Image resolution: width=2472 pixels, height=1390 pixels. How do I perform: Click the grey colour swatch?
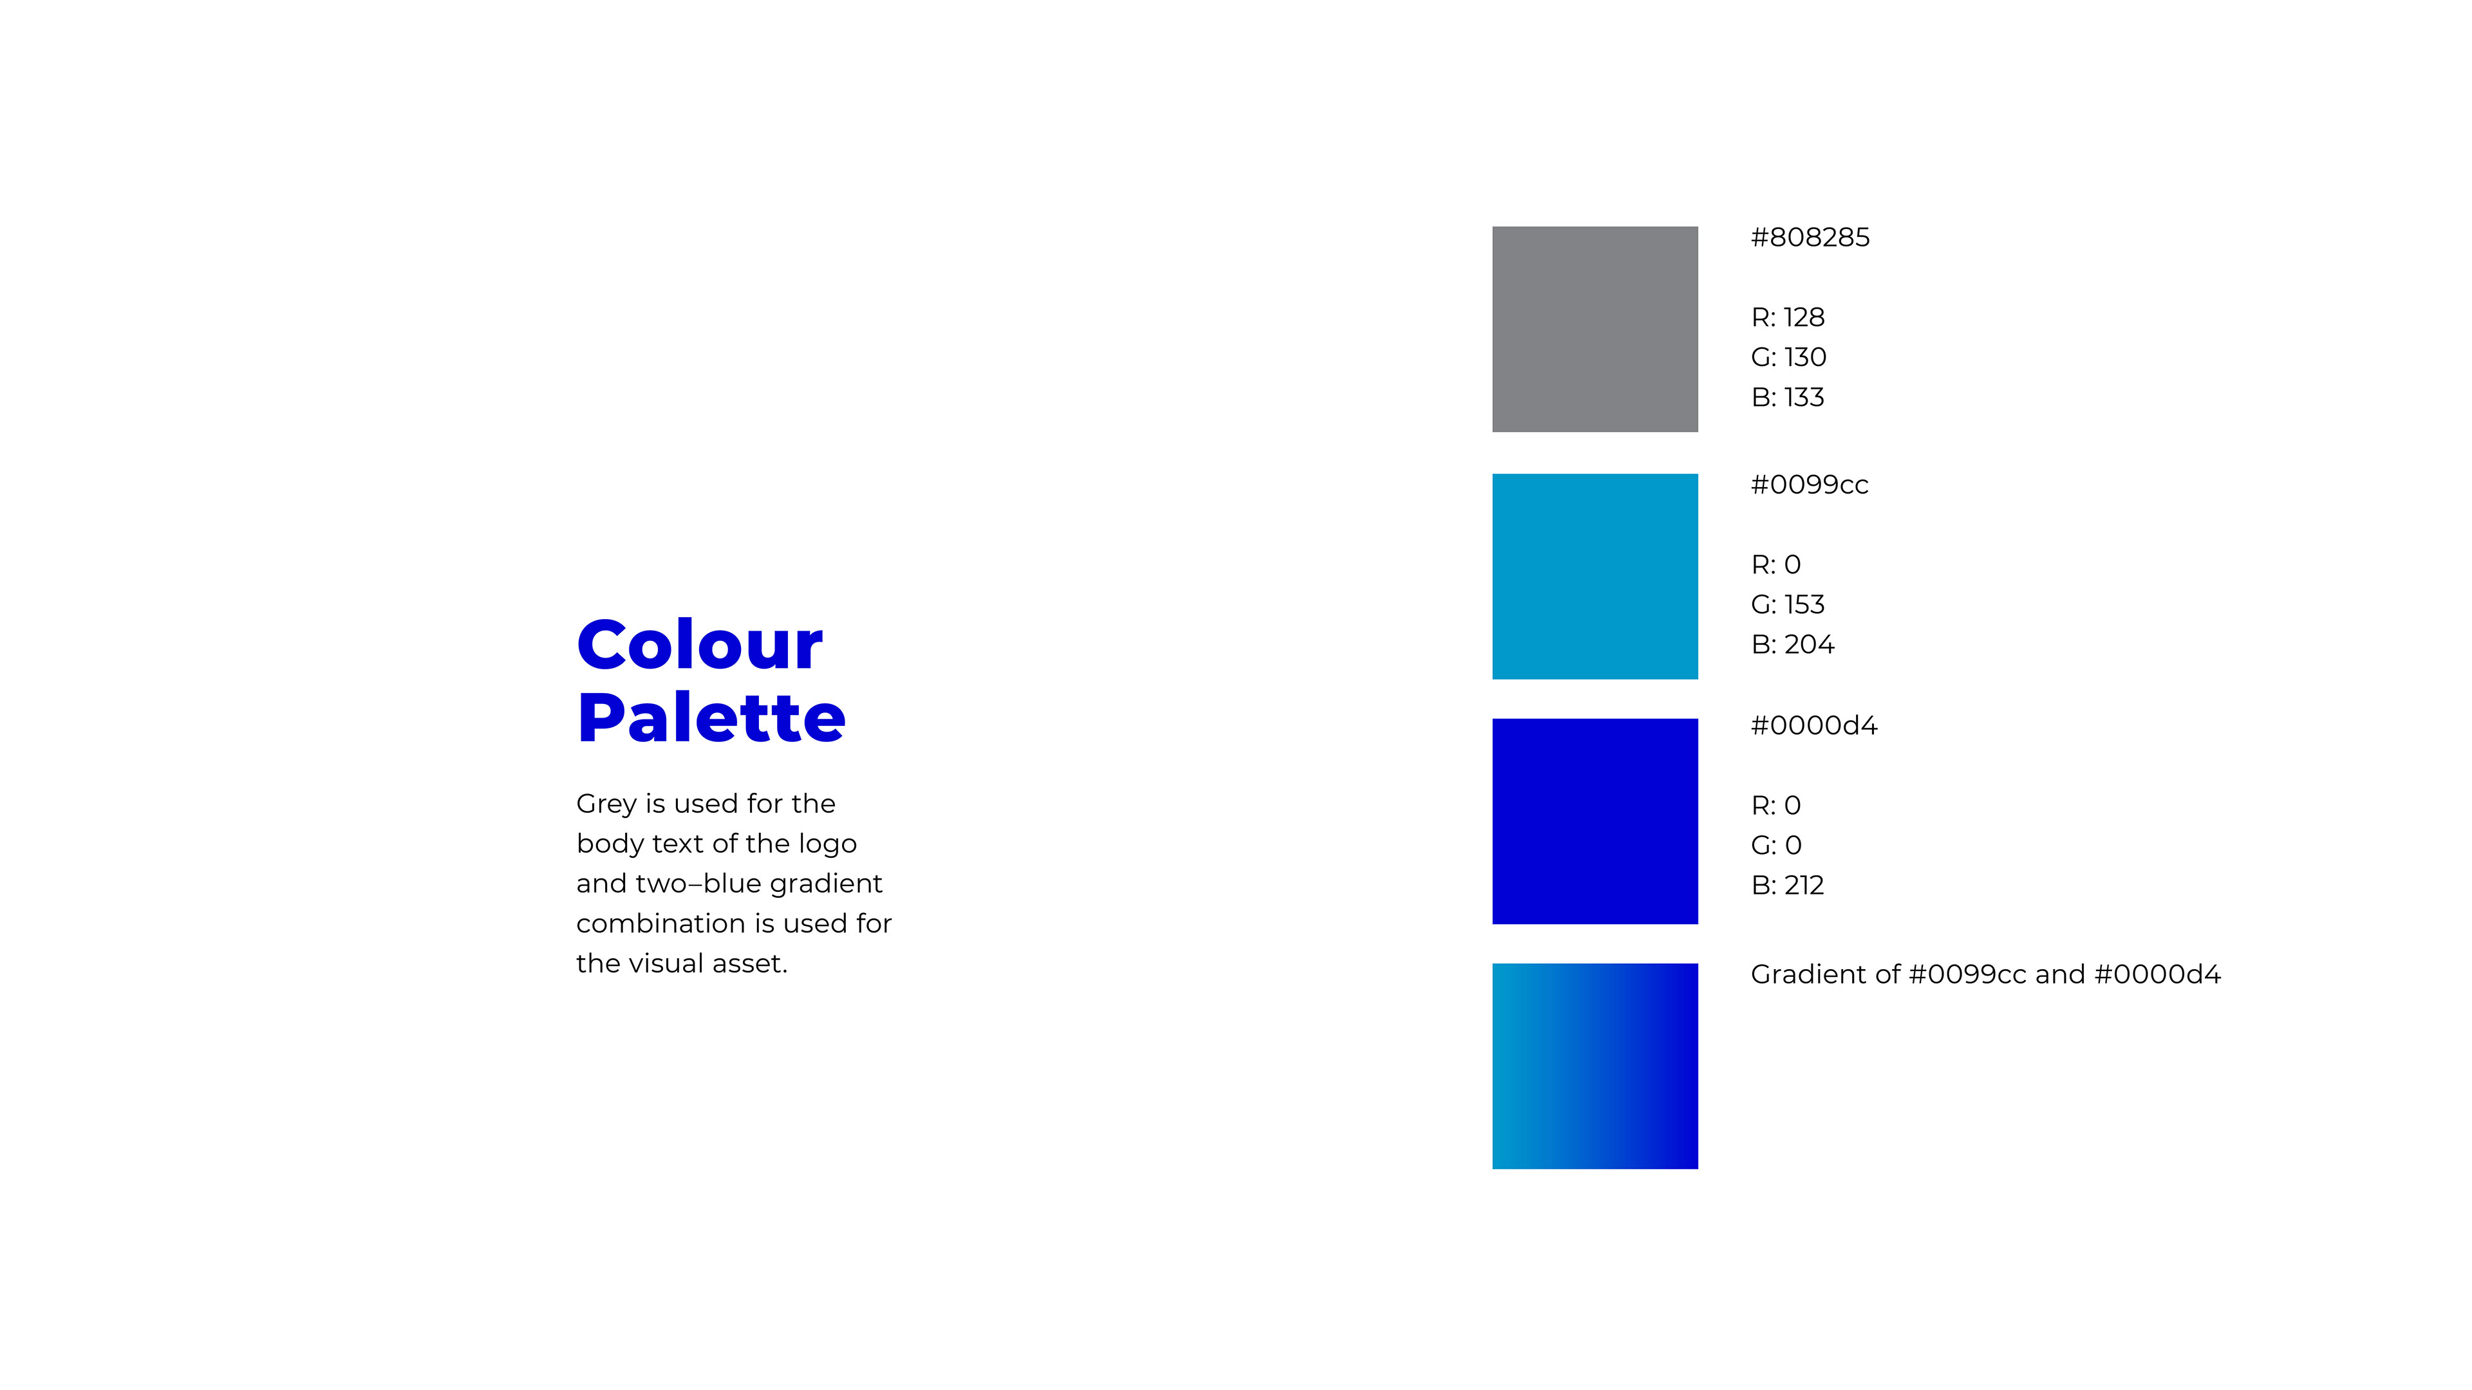(x=1595, y=329)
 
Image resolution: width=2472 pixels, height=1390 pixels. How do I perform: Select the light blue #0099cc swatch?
(x=1595, y=577)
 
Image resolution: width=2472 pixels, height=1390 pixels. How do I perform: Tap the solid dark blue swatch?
(x=1595, y=821)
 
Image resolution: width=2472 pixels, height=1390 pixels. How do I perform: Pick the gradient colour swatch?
(x=1595, y=1066)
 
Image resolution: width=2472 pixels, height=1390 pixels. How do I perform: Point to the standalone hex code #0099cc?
(x=1809, y=485)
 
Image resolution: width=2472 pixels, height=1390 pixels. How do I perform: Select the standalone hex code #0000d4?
(x=1813, y=725)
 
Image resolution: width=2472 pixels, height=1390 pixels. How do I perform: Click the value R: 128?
(x=1788, y=317)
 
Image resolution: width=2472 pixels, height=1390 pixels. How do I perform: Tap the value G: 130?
(x=1789, y=357)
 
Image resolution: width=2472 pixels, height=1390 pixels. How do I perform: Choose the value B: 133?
(x=1788, y=397)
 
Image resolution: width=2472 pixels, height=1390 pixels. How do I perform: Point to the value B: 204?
(x=1793, y=645)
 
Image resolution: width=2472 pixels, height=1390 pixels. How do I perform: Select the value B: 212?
(x=1788, y=885)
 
